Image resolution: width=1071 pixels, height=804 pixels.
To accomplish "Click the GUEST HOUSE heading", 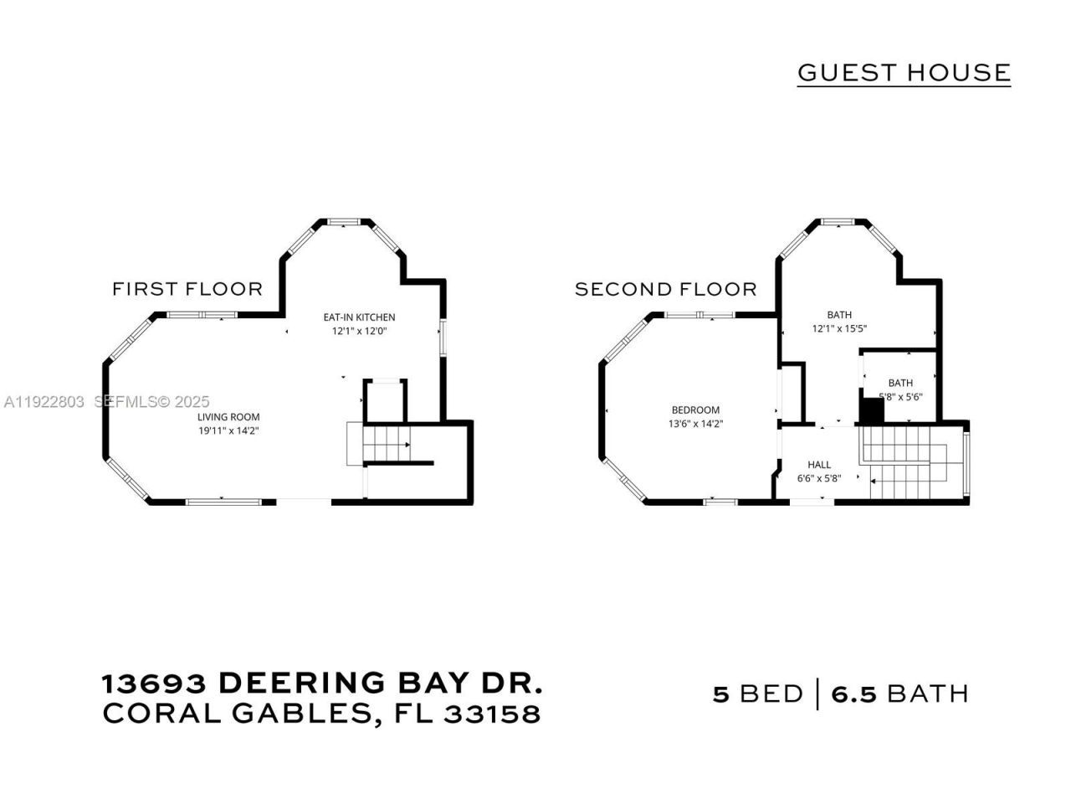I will tap(904, 73).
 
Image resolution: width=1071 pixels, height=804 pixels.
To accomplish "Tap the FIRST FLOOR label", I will tap(187, 289).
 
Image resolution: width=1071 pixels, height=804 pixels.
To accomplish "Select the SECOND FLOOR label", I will tap(665, 289).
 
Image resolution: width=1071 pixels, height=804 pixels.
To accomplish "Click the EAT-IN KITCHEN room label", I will tap(359, 317).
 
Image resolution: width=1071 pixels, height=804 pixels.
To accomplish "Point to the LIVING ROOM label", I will tap(228, 417).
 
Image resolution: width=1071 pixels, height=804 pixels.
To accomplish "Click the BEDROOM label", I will tap(695, 410).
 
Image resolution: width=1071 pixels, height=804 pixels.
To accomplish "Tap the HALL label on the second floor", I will tap(819, 465).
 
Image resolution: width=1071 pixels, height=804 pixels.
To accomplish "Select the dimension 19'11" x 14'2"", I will tap(228, 430).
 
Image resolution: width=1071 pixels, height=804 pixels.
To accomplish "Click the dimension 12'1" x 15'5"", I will tap(839, 328).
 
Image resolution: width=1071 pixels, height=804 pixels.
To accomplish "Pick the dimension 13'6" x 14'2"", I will tap(695, 424).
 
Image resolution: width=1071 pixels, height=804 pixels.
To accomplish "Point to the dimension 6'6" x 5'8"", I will tap(819, 478).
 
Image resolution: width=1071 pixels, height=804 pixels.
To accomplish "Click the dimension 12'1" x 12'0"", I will tap(359, 331).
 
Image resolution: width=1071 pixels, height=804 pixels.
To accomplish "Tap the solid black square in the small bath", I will tap(873, 411).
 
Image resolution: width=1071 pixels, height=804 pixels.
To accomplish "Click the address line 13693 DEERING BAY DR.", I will tap(322, 683).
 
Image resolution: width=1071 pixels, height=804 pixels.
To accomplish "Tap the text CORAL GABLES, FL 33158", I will tap(322, 714).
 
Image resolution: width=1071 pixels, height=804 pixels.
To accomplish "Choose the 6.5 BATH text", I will tap(900, 694).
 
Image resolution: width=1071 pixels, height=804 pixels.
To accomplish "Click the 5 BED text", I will tap(757, 694).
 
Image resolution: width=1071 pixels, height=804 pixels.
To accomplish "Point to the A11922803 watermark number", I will tap(44, 402).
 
